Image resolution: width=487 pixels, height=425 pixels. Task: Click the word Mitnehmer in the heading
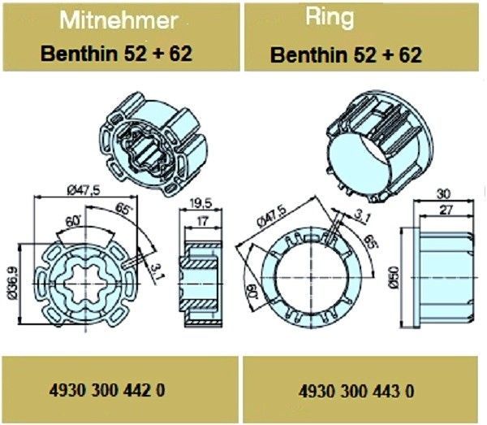tap(119, 21)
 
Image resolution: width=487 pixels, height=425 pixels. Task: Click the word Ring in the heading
tap(330, 17)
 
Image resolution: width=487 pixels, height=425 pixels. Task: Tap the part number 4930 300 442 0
tap(107, 390)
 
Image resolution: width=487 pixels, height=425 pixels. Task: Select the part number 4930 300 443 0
tap(356, 391)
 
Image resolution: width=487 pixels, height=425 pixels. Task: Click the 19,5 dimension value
tap(200, 204)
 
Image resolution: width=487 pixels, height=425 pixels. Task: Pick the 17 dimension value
tap(202, 221)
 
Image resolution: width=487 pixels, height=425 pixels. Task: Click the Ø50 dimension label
tap(394, 278)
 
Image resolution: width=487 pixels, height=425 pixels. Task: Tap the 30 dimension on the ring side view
tap(443, 194)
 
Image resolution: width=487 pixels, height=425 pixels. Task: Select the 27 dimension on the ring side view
tap(446, 210)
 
